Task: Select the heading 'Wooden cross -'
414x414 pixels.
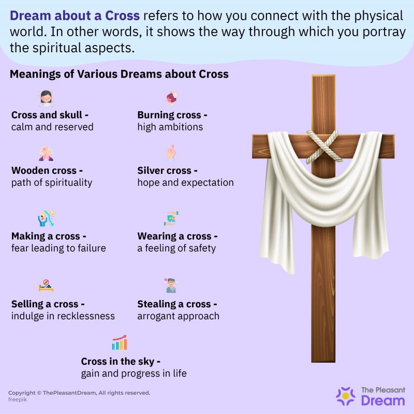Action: point(47,170)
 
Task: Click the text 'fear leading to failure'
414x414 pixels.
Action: point(58,248)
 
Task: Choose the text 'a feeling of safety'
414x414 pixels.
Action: point(176,248)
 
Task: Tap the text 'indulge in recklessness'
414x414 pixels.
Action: point(63,316)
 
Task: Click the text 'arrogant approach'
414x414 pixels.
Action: point(179,316)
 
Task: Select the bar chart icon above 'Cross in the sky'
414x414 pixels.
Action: point(120,343)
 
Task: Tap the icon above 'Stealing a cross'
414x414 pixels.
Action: point(171,285)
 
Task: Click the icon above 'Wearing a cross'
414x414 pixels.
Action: point(172,219)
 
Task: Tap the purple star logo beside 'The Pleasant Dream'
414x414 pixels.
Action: point(346,396)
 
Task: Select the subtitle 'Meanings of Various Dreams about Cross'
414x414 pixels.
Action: point(119,74)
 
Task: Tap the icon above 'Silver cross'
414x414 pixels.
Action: point(171,153)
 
